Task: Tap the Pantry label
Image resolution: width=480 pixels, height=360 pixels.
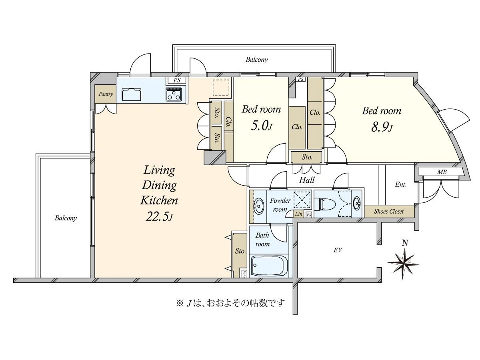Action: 106,94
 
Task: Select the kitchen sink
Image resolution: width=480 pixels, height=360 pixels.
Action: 131,94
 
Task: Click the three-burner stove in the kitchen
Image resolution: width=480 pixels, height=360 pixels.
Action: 174,94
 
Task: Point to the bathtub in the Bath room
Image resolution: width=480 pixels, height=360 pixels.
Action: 269,266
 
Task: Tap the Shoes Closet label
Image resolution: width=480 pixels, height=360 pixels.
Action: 389,211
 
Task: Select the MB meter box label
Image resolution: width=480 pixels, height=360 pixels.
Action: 442,172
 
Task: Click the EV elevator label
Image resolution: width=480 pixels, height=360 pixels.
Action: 338,250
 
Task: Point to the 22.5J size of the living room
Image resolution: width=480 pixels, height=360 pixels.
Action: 159,217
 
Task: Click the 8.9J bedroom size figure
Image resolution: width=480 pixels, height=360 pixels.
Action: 382,127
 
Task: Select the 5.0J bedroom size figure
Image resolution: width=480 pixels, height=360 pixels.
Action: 261,126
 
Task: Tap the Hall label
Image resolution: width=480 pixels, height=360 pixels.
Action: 306,180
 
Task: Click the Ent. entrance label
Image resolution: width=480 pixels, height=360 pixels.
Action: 401,185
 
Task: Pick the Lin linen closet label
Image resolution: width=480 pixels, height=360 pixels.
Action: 298,214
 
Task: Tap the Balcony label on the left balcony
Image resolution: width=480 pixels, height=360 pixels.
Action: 66,218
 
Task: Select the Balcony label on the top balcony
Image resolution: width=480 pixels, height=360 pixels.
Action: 256,60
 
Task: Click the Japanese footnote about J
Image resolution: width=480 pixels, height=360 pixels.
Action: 230,303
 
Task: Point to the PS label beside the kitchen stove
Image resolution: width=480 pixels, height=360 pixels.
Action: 177,80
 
